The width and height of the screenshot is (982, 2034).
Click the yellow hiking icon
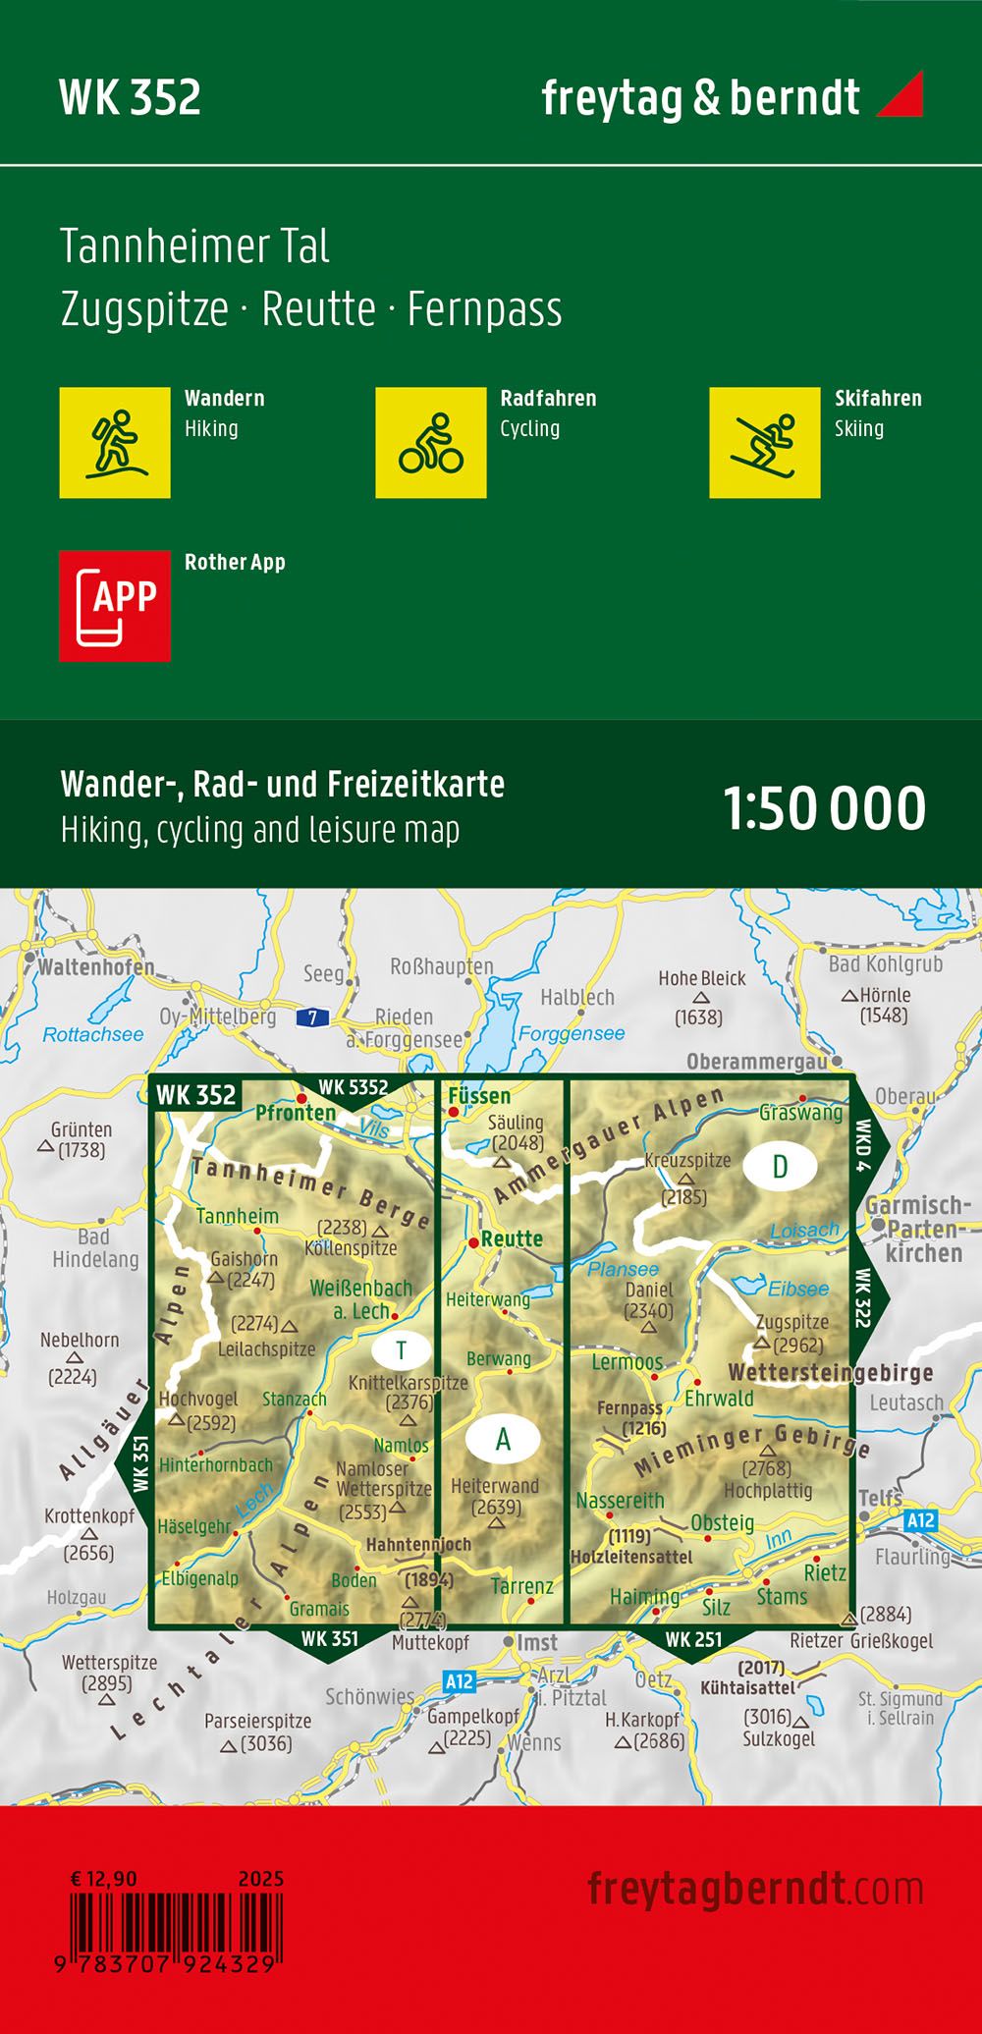115,442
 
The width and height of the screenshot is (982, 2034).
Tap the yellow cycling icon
430,442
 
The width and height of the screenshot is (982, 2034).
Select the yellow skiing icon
764,442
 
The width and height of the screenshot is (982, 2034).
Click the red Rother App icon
115,605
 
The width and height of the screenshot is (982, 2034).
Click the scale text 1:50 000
824,808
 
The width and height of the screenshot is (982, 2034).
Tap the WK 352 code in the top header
130,97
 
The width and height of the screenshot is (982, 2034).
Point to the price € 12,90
104,1878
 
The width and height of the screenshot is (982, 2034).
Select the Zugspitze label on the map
792,1321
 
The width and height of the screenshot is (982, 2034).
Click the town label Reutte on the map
512,1238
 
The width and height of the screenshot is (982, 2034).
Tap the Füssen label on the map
479,1095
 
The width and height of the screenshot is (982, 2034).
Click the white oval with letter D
780,1166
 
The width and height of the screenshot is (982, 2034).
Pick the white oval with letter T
401,1350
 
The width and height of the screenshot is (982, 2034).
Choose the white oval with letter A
503,1439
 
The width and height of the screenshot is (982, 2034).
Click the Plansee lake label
623,1269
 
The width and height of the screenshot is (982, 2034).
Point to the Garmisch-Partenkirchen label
918,1229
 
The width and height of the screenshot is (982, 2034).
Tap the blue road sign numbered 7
312,1017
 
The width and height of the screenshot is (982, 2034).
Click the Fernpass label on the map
628,1407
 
